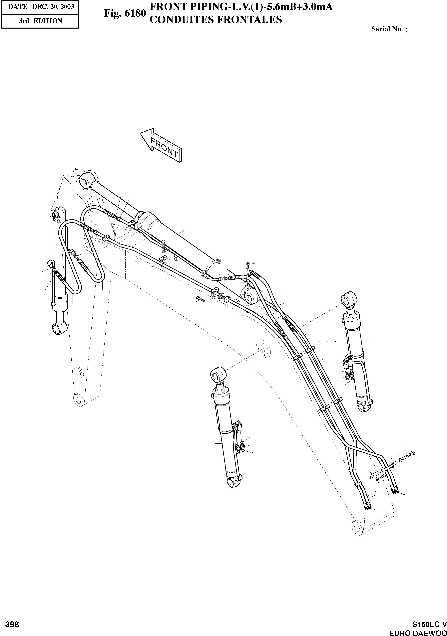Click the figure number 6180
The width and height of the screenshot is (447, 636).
click(x=125, y=14)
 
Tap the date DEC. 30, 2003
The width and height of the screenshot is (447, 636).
click(x=53, y=7)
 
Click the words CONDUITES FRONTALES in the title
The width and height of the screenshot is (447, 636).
click(x=216, y=20)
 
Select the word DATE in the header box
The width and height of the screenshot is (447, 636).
click(x=17, y=7)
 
